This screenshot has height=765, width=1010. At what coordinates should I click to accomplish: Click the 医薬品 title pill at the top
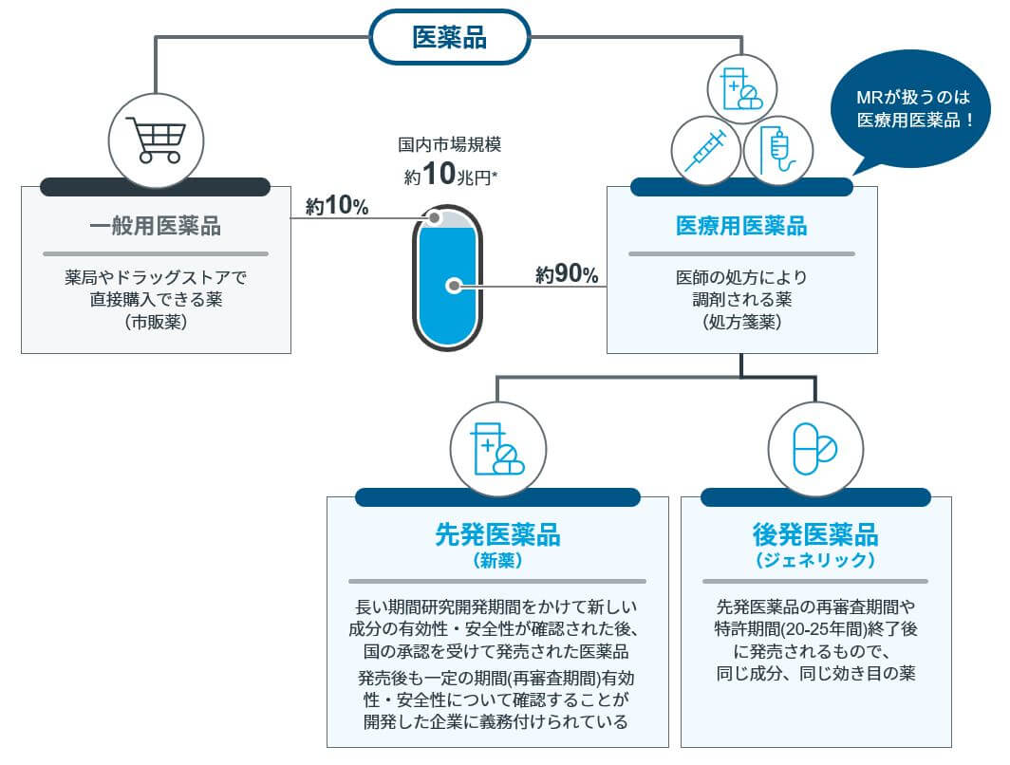click(x=448, y=38)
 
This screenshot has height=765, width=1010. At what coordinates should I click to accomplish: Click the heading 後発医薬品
click(x=815, y=533)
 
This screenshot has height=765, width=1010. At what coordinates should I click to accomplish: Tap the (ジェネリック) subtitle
click(x=815, y=560)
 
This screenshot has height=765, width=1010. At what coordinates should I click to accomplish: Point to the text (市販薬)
click(x=155, y=323)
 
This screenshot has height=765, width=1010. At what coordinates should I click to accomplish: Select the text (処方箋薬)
click(x=741, y=322)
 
